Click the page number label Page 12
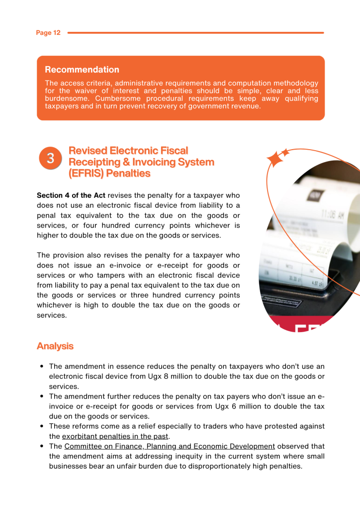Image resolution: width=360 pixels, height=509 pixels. click(x=48, y=33)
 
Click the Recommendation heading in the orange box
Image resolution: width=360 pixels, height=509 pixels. click(x=82, y=70)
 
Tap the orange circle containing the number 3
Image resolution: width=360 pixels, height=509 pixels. click(x=50, y=159)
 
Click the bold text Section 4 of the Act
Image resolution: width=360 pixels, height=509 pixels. click(x=71, y=195)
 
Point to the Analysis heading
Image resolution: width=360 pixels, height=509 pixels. click(x=55, y=346)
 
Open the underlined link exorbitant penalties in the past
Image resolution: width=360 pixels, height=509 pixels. click(x=115, y=436)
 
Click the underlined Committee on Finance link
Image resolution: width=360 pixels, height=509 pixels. click(x=170, y=446)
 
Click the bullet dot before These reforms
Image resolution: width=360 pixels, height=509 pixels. click(x=42, y=426)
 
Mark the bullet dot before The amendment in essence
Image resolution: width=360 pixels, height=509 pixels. click(x=42, y=367)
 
